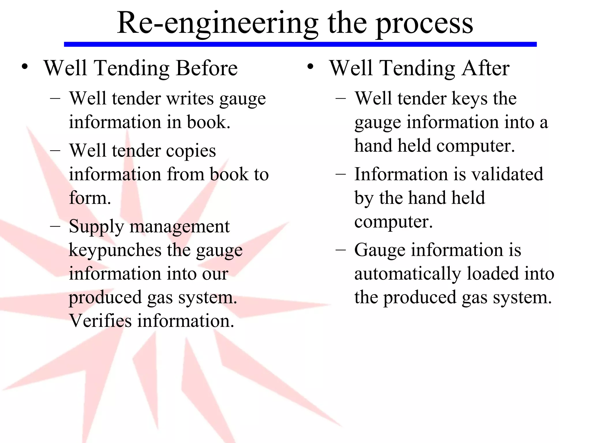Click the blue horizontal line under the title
click(x=300, y=44)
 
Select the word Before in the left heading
click(x=207, y=68)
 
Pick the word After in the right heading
click(x=486, y=68)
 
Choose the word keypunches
click(x=115, y=250)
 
